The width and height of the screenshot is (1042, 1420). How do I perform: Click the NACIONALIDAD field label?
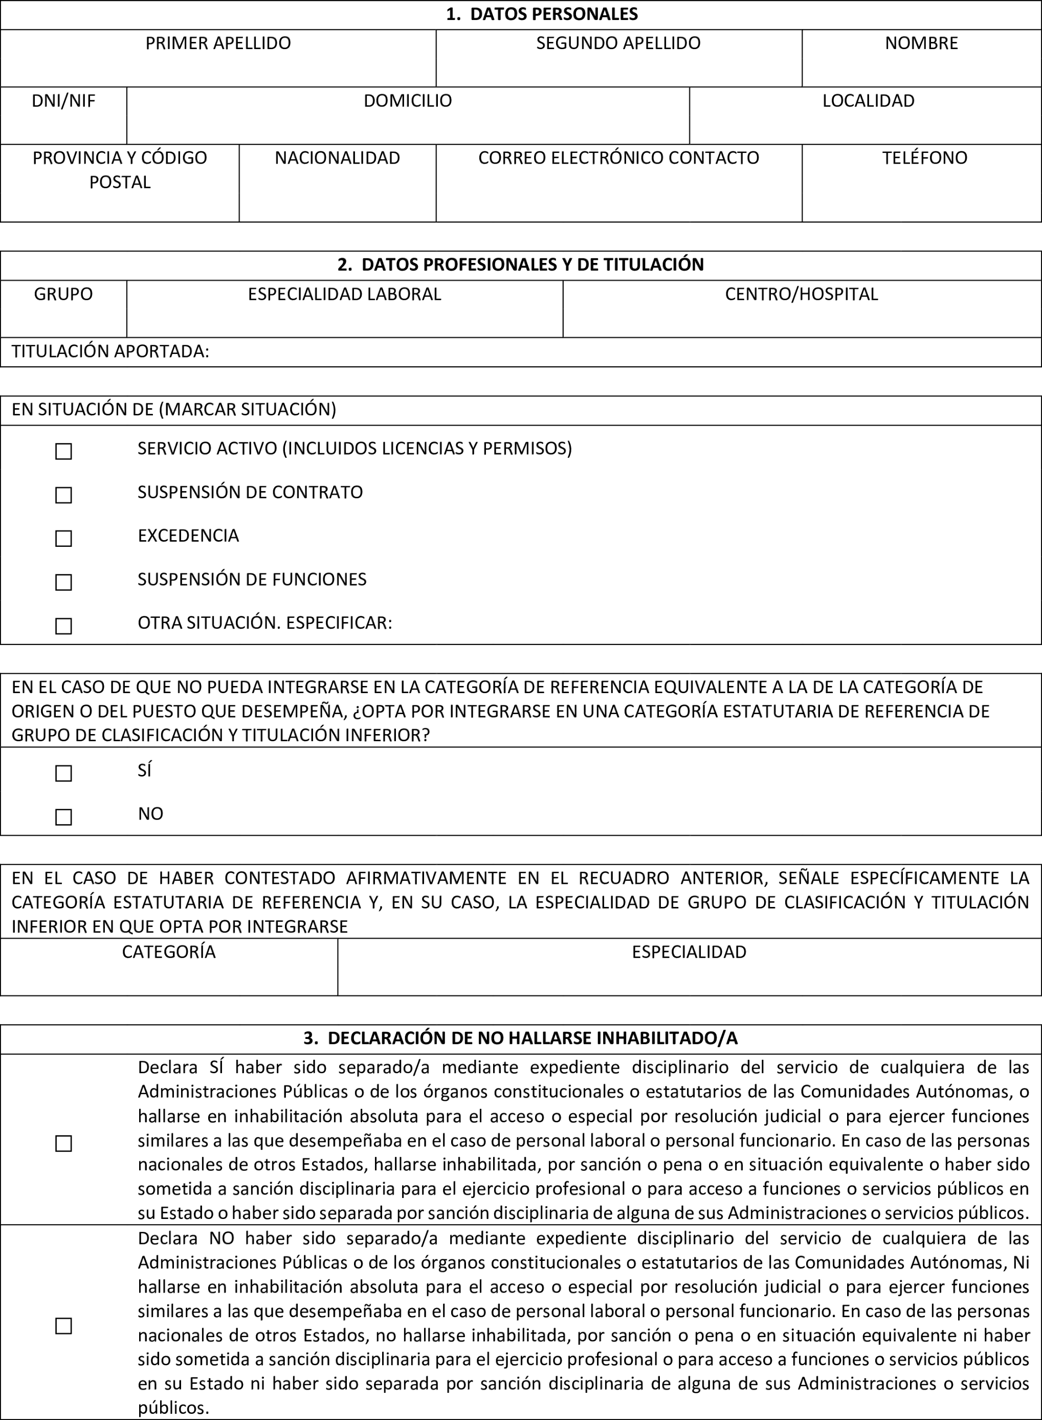[x=338, y=158]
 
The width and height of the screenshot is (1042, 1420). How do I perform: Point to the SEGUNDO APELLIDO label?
[x=618, y=43]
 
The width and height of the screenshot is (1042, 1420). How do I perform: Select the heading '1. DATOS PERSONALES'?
[x=542, y=14]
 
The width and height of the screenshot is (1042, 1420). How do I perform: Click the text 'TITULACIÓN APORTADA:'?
[x=110, y=352]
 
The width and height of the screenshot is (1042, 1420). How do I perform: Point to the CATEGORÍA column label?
[x=168, y=952]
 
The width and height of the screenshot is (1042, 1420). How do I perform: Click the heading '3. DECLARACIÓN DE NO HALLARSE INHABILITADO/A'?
[x=520, y=1038]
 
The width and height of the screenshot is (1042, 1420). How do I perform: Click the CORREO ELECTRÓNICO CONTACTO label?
[x=618, y=158]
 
